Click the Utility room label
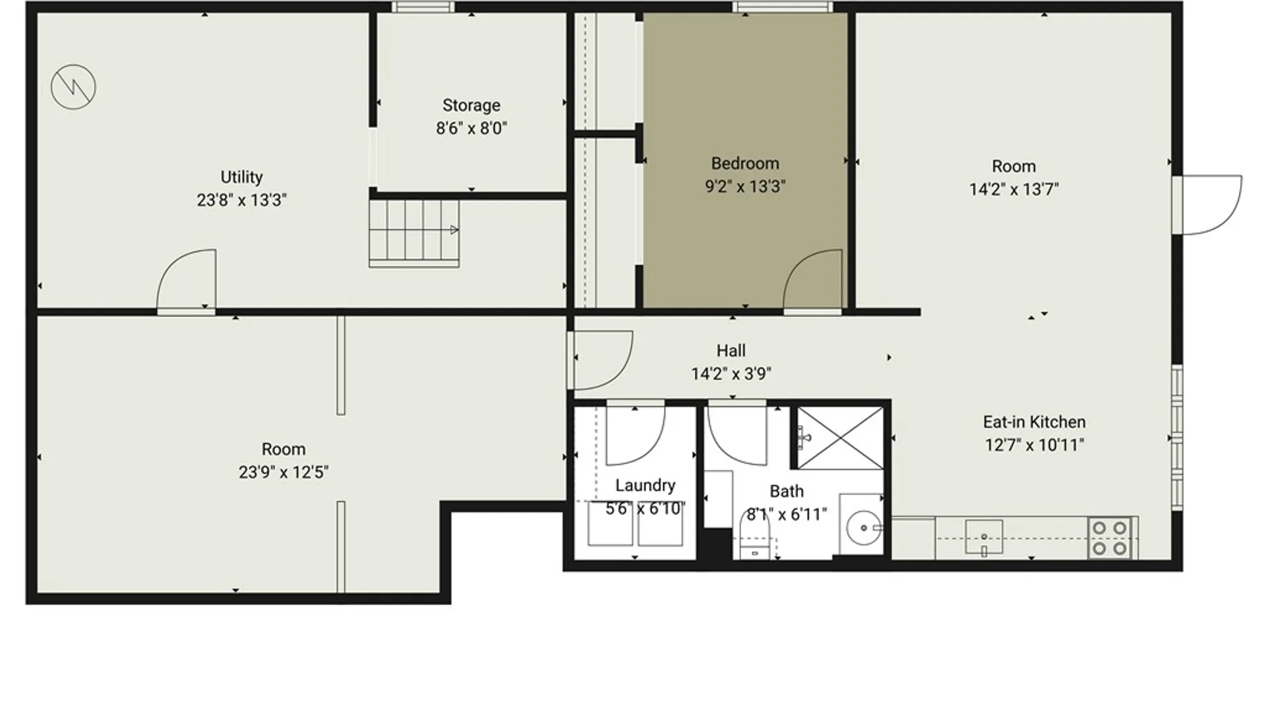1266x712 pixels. (241, 177)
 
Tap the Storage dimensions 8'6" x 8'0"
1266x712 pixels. (471, 128)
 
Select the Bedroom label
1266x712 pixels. (745, 163)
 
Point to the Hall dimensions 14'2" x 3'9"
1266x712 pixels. (731, 374)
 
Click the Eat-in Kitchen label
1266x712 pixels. (1034, 422)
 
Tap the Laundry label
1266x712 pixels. (645, 486)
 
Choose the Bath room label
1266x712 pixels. (787, 491)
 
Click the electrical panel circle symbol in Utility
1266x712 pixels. (73, 86)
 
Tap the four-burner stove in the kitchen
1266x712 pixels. (1110, 538)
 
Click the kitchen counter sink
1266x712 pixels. (984, 537)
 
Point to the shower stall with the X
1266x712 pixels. (840, 438)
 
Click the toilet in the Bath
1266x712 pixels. (755, 534)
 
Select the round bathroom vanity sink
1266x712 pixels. (864, 527)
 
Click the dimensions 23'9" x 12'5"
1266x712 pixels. (284, 472)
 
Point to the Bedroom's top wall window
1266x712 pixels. (783, 7)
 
